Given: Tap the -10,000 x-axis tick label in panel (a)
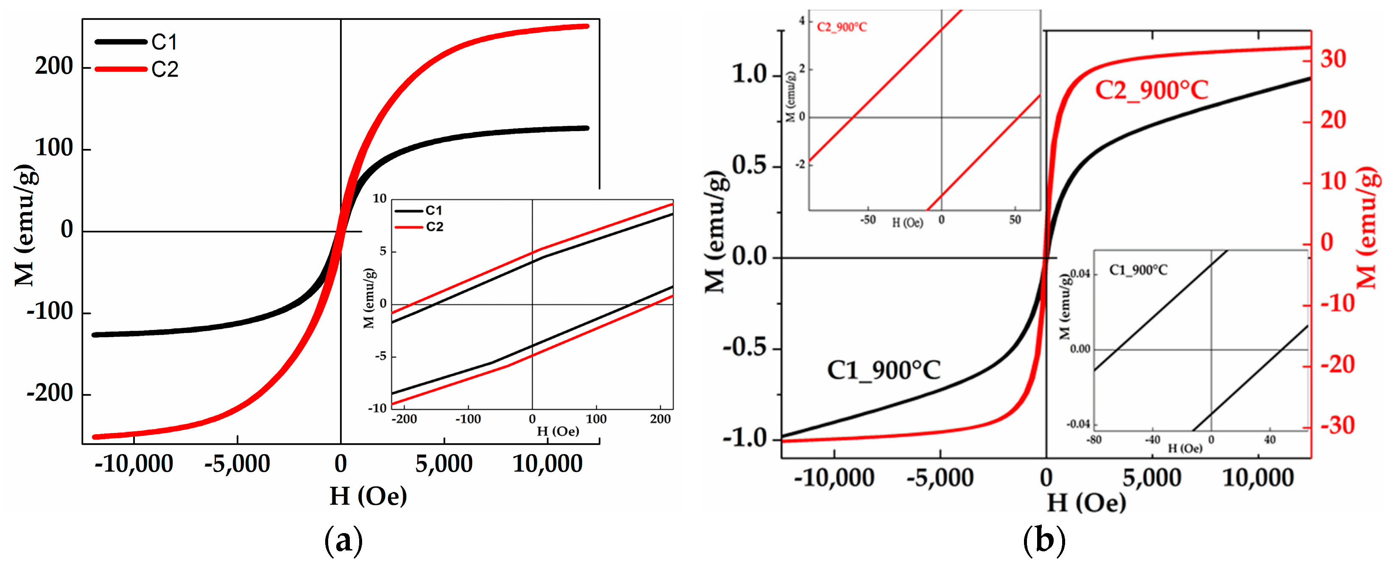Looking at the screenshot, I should pos(134,464).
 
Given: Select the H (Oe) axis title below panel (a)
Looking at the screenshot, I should pos(368,496).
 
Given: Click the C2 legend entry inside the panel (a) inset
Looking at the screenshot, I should pos(434,227).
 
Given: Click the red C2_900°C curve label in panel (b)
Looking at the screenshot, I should pos(1151,90).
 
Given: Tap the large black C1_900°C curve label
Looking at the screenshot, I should pos(883,370).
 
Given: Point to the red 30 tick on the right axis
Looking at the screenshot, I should pos(1333,59).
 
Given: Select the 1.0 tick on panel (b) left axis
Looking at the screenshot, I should pos(750,74).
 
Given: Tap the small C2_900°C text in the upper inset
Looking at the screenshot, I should pos(842,27).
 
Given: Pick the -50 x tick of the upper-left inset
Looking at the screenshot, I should pos(868,220).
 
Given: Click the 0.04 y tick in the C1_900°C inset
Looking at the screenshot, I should pos(1080,274).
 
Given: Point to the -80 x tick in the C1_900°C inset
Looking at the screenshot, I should pos(1094,440).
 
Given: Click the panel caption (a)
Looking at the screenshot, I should pos(343,540).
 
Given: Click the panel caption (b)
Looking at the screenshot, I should pos(1044,540).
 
